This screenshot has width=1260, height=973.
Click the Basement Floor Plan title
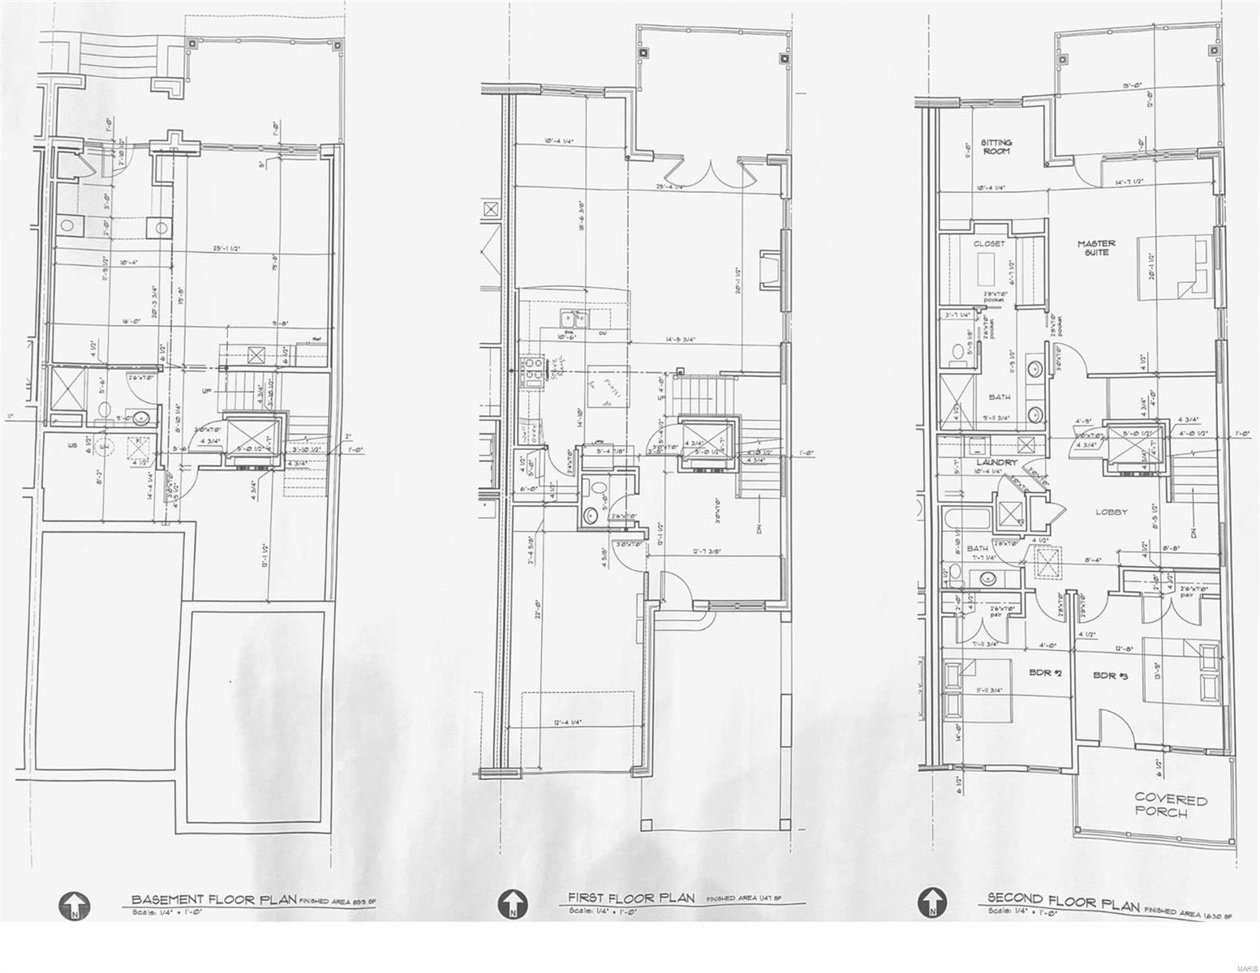tap(214, 899)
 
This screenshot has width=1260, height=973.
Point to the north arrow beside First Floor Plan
tap(512, 902)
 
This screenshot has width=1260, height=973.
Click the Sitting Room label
tap(996, 147)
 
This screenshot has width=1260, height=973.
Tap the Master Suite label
tap(1096, 247)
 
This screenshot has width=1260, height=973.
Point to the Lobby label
tap(1112, 512)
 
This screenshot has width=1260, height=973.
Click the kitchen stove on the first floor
tap(534, 370)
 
